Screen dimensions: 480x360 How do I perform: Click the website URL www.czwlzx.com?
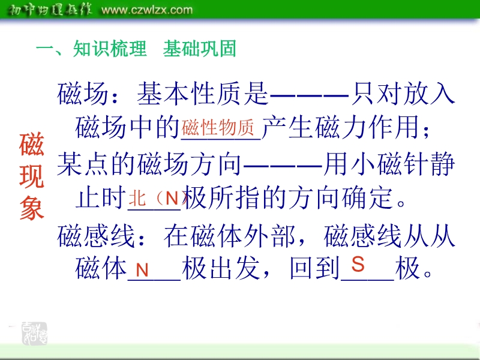(147, 10)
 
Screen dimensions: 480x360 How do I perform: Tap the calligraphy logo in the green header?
(50, 10)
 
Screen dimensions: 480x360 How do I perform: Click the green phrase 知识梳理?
(110, 49)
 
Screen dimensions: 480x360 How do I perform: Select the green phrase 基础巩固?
(200, 49)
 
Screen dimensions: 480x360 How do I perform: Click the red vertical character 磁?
(32, 144)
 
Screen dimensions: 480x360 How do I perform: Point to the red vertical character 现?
(32, 176)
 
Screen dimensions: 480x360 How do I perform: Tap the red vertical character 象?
(32, 208)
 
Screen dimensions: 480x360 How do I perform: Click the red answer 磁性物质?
(218, 127)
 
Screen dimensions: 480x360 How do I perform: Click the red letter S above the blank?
(358, 264)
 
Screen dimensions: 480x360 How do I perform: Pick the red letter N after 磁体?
(142, 270)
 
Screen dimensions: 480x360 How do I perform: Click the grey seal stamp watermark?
(35, 334)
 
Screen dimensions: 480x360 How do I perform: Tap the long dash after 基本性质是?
(309, 96)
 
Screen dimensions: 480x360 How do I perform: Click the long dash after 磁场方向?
(283, 167)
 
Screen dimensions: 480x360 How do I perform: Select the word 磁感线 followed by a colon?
(96, 236)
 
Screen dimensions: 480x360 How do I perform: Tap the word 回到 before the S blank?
(315, 268)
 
